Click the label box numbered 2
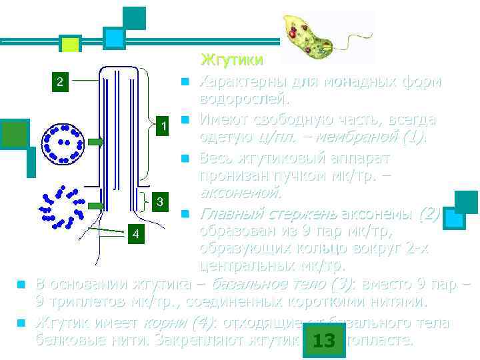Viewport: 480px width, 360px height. (x=61, y=83)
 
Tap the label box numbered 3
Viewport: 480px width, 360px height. (x=159, y=201)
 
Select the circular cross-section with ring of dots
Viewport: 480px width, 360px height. (x=63, y=143)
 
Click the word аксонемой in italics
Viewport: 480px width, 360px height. (x=241, y=193)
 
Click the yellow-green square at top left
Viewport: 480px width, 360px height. (x=70, y=44)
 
